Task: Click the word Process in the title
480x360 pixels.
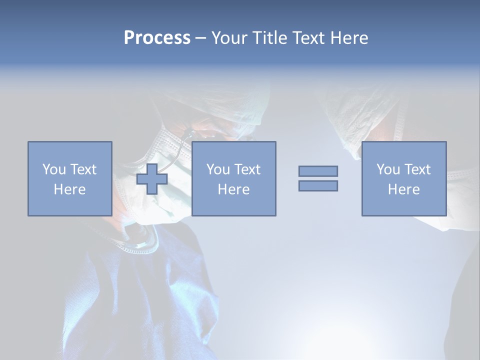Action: (x=157, y=38)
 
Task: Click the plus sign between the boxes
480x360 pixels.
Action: (x=152, y=179)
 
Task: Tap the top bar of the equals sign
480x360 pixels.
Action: (x=318, y=171)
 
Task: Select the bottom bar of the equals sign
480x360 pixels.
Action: (x=318, y=185)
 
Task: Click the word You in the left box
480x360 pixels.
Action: (x=53, y=169)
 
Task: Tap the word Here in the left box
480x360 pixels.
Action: (x=69, y=189)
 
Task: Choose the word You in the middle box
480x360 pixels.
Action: (x=217, y=169)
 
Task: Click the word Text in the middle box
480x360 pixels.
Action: (x=246, y=169)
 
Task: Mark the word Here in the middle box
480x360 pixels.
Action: (x=233, y=189)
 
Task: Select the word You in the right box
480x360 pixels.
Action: (x=387, y=169)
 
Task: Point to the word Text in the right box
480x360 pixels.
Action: (x=416, y=169)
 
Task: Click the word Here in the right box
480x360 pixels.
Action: (x=403, y=189)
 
